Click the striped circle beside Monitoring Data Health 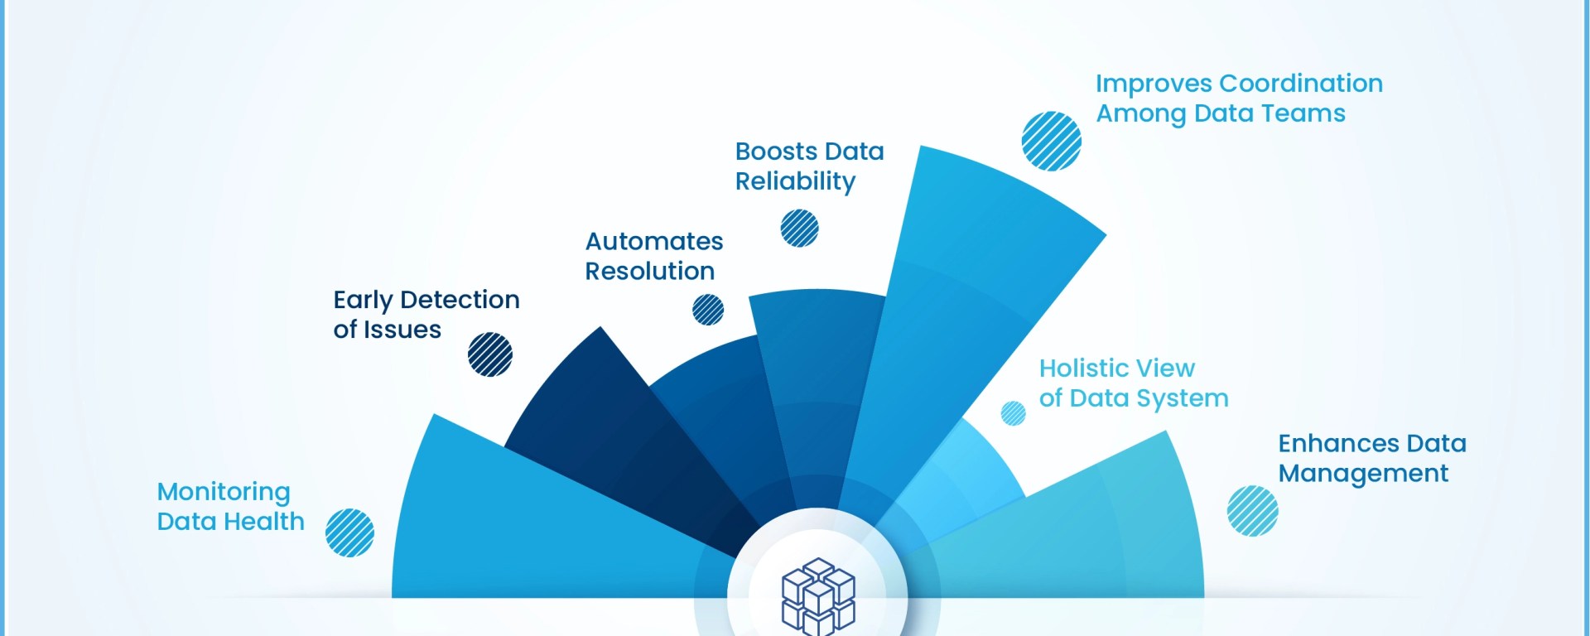click(349, 532)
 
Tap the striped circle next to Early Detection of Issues click(489, 354)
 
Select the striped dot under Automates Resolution click(708, 310)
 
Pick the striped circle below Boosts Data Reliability click(799, 228)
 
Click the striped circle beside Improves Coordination click(1051, 141)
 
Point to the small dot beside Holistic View click(1013, 412)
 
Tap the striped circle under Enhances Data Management click(1252, 511)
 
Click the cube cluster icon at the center click(818, 596)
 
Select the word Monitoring click(224, 492)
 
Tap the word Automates click(654, 241)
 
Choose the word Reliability click(795, 181)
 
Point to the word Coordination click(1301, 84)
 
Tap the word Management click(1363, 474)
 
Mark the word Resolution click(650, 272)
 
